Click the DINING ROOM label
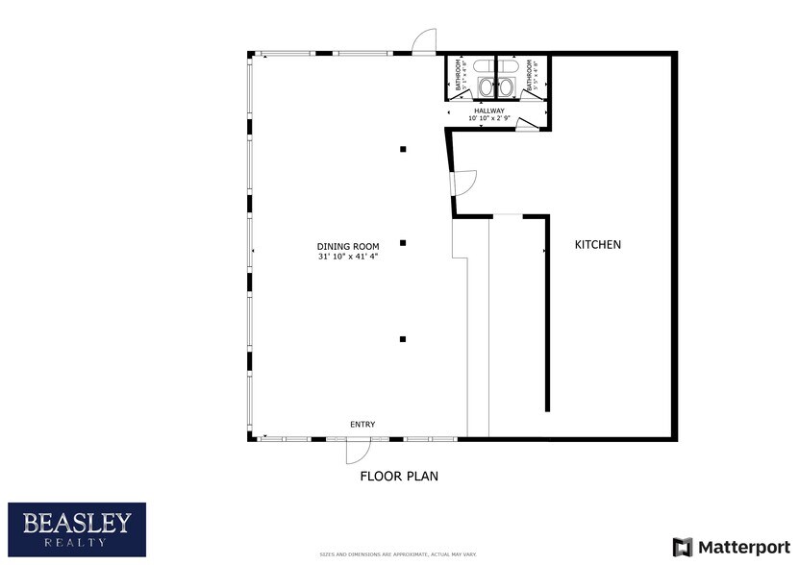348,246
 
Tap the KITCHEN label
598,244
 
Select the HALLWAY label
488,111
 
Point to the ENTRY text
362,425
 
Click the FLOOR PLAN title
399,476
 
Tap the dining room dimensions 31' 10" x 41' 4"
348,257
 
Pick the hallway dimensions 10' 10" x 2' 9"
488,118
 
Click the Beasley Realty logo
77,529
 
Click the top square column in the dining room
404,149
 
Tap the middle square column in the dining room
404,243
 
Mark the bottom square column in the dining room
404,338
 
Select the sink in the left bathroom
485,87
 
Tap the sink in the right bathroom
507,87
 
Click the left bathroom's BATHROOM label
459,76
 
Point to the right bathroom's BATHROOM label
531,76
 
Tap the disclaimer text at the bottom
399,554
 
